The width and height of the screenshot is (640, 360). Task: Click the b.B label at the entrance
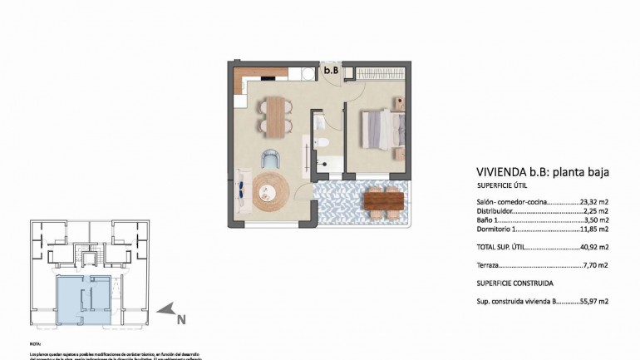point(331,71)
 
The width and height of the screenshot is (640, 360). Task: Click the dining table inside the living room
point(274,115)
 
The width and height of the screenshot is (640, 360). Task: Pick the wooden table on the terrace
point(384,200)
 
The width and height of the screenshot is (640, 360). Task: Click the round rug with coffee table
point(272,192)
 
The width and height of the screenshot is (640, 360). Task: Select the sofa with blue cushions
point(242,192)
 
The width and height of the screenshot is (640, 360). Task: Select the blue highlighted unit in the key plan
point(83,298)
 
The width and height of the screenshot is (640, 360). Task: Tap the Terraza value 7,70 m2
point(596,265)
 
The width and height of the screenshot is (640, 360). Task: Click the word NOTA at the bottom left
point(35,343)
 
